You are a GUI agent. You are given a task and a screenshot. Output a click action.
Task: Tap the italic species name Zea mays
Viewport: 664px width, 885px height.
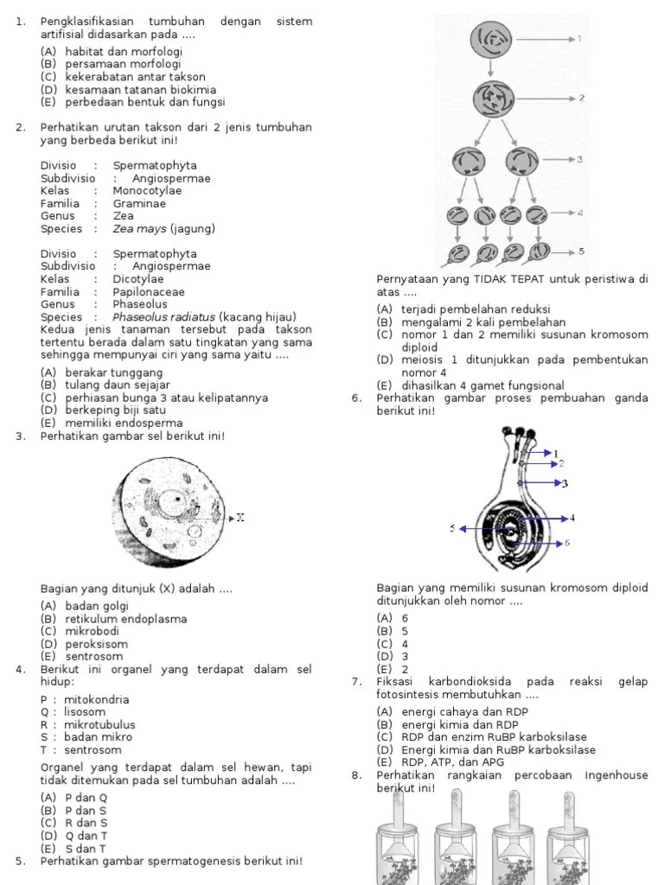click(x=140, y=229)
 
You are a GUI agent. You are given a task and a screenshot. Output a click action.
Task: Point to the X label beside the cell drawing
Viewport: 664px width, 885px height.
click(x=240, y=518)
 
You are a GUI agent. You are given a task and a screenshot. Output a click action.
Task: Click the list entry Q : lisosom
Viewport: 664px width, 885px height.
click(x=73, y=712)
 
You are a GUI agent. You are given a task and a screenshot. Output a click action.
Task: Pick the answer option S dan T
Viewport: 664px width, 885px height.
click(x=74, y=849)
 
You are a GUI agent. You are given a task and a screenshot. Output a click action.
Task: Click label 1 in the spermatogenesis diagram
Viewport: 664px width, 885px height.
click(x=579, y=39)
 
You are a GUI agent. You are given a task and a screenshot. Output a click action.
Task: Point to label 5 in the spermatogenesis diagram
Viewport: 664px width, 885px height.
click(x=581, y=251)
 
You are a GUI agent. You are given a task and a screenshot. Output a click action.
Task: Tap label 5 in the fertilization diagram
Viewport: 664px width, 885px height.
click(x=451, y=528)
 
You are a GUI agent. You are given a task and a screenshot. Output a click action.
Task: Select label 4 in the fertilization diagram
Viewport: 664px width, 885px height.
click(x=572, y=518)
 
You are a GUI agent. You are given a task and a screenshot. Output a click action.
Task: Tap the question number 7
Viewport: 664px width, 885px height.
click(x=356, y=682)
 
